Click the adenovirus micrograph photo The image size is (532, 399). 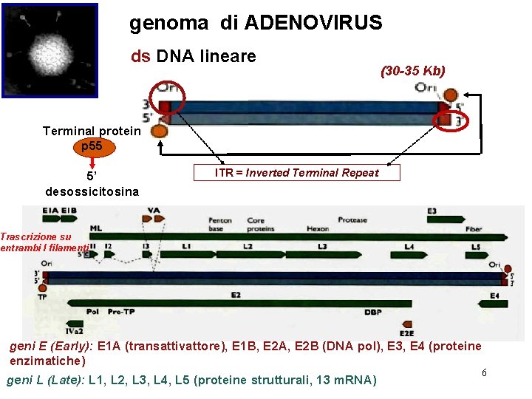[50, 50]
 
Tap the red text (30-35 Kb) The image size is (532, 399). [412, 71]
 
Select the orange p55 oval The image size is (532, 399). [92, 146]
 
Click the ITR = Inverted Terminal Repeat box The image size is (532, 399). [296, 173]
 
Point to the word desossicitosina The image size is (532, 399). [92, 191]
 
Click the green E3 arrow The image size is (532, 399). [441, 219]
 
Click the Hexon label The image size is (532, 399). [318, 229]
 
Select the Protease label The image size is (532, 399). [352, 220]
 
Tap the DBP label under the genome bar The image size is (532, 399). [373, 313]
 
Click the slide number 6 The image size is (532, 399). [484, 372]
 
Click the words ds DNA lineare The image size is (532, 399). [193, 55]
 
